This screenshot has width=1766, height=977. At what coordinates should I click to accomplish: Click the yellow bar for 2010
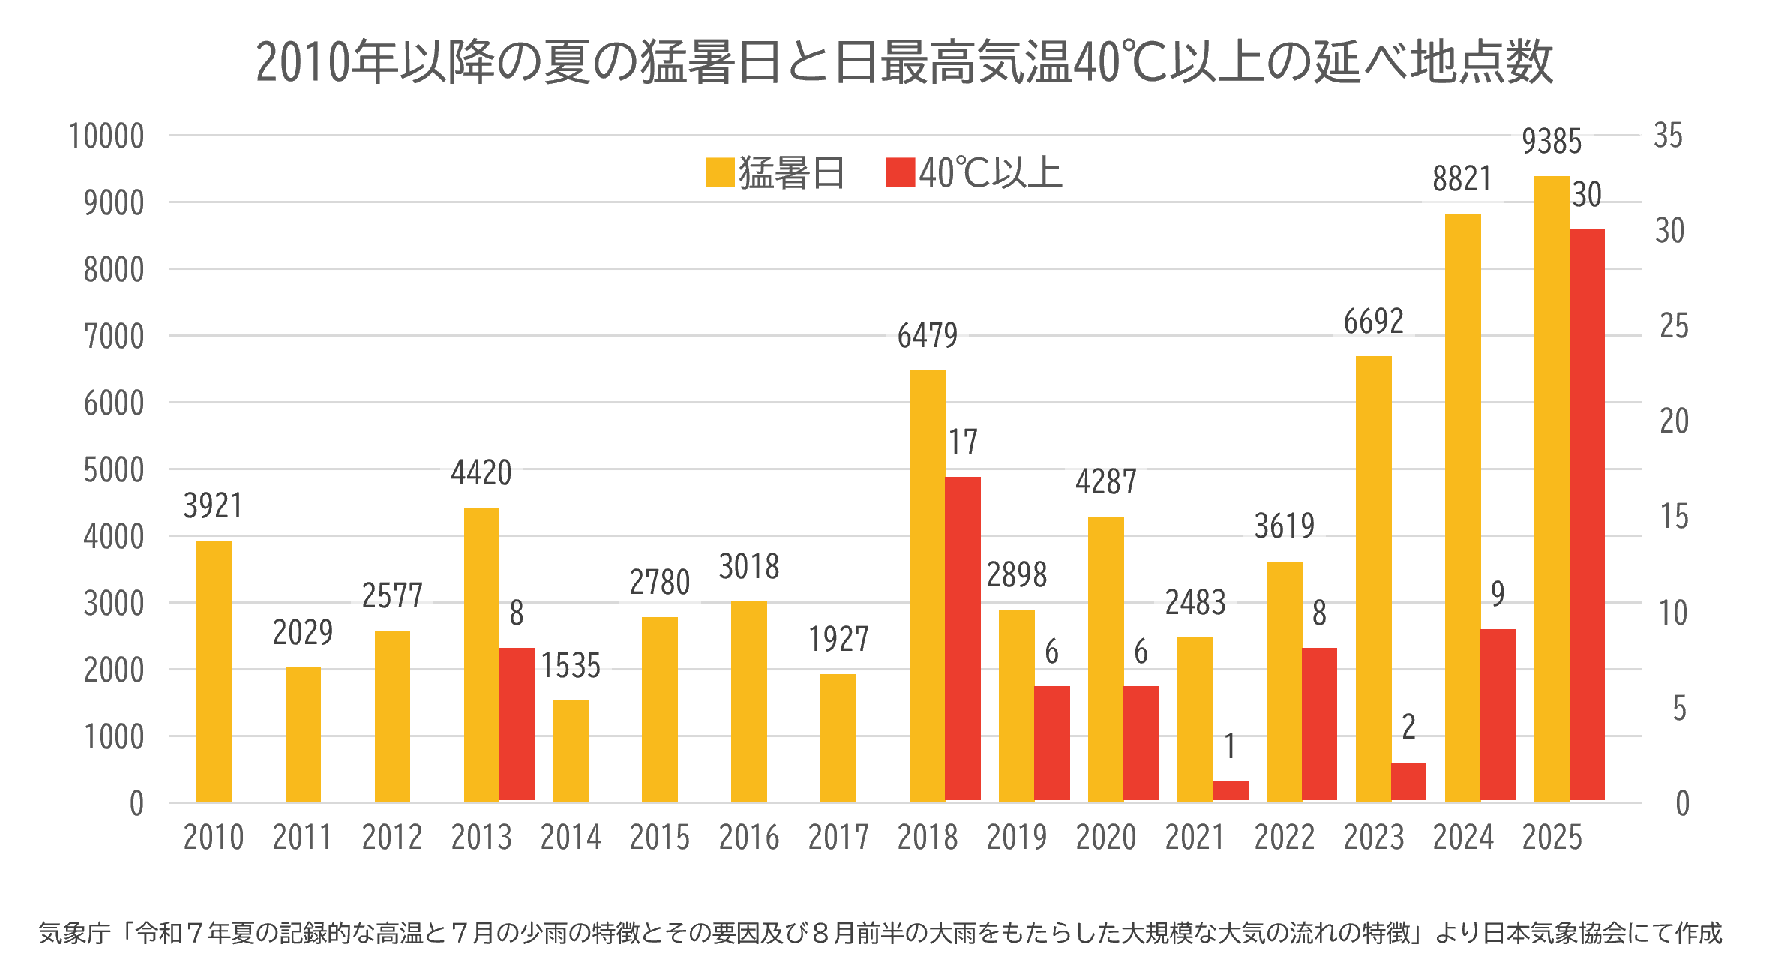(x=214, y=671)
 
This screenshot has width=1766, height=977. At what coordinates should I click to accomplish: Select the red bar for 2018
(x=963, y=638)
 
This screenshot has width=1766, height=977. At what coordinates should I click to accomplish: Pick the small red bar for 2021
(x=1230, y=791)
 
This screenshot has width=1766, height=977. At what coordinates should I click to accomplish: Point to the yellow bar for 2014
(x=571, y=751)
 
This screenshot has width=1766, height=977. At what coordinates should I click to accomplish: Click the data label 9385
(x=1552, y=142)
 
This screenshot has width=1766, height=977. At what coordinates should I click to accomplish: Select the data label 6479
(x=927, y=336)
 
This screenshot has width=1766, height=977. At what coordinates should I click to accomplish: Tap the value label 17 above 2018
(x=963, y=442)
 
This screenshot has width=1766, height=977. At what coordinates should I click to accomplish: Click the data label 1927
(x=838, y=640)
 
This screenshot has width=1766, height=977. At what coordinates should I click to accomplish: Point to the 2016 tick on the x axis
(x=749, y=837)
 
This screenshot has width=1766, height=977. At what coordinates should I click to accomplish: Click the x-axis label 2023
(x=1373, y=837)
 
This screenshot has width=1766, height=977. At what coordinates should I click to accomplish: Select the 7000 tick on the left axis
(x=113, y=337)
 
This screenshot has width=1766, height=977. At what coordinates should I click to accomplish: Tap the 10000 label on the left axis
(x=106, y=136)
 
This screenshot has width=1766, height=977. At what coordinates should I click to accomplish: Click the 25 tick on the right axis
(x=1674, y=326)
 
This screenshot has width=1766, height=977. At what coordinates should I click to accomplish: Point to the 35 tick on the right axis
(x=1668, y=136)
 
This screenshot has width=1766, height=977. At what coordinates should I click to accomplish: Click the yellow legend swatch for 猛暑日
(x=720, y=172)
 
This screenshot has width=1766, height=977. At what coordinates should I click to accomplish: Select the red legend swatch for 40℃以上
(x=900, y=172)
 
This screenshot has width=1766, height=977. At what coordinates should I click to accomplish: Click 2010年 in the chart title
(x=327, y=62)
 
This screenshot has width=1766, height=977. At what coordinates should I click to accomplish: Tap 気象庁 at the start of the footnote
(x=74, y=933)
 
